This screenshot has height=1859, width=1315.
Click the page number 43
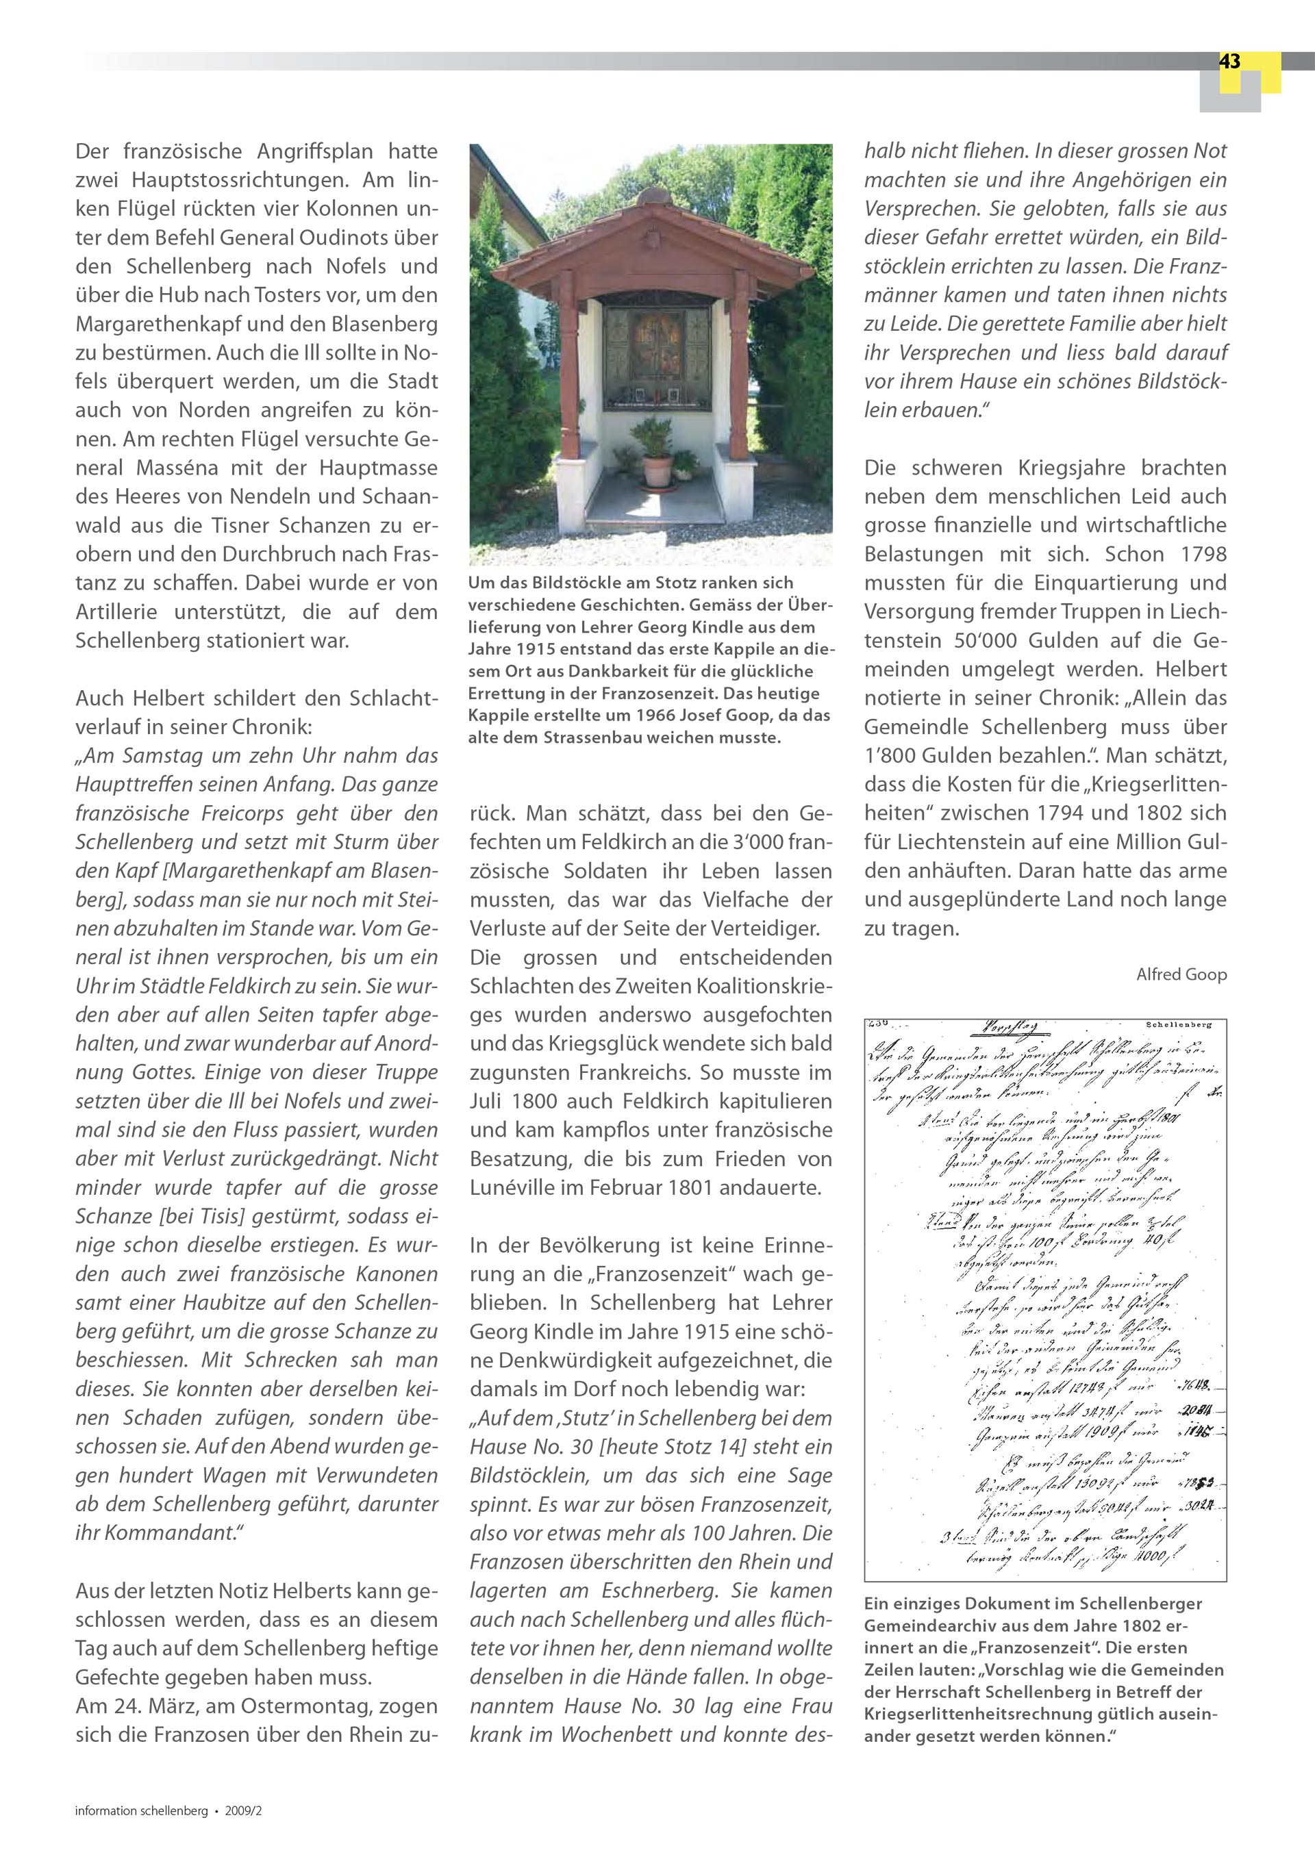(1229, 62)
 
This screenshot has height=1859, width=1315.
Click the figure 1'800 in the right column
(894, 755)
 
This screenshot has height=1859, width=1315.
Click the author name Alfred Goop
(1181, 974)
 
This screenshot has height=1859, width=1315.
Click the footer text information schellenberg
(141, 1810)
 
